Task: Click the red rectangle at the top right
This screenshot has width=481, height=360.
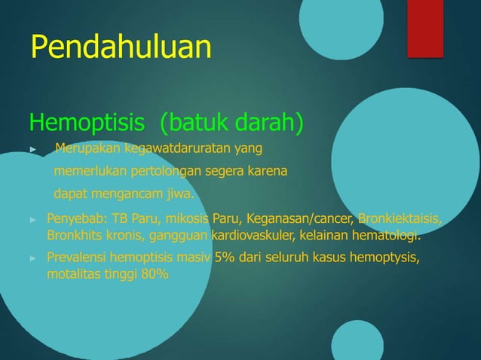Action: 425,28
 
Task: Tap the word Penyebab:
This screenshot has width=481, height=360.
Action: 78,219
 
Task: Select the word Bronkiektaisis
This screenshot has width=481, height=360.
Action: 400,219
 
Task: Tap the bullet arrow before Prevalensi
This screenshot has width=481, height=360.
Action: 32,259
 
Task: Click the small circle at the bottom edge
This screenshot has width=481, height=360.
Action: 357,343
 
